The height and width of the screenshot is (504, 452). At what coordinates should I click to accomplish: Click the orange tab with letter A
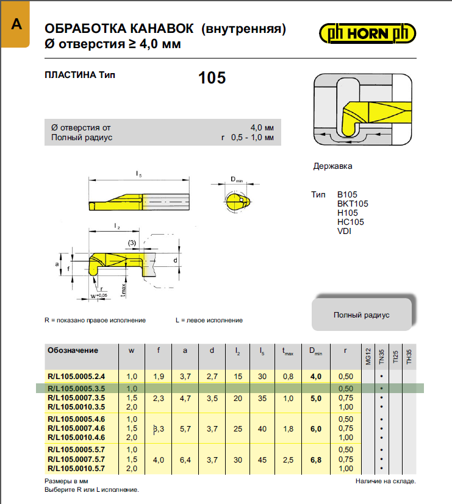(15, 25)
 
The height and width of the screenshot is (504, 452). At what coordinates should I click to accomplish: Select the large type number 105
(212, 78)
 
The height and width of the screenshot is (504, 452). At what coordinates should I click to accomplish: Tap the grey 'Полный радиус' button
(361, 315)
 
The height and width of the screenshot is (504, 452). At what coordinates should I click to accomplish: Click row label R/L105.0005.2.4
(77, 377)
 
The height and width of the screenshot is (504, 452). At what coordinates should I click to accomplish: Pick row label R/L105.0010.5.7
(77, 468)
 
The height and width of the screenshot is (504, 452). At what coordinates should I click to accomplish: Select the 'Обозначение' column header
(73, 350)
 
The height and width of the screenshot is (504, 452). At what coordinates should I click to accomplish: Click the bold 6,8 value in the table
(315, 459)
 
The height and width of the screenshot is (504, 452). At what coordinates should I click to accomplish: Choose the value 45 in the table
(262, 459)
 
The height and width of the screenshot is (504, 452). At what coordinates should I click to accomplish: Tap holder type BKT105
(353, 204)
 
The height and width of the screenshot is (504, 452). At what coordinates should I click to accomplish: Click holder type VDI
(344, 230)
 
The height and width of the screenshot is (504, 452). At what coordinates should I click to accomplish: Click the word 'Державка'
(332, 166)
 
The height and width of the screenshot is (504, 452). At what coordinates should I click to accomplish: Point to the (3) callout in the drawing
(132, 244)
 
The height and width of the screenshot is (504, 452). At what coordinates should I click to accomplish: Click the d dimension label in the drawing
(174, 260)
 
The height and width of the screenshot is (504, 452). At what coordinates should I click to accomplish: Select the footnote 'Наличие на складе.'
(386, 481)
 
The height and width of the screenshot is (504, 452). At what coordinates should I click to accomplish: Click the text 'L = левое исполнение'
(209, 320)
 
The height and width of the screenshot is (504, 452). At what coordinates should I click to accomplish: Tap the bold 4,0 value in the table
(315, 377)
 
